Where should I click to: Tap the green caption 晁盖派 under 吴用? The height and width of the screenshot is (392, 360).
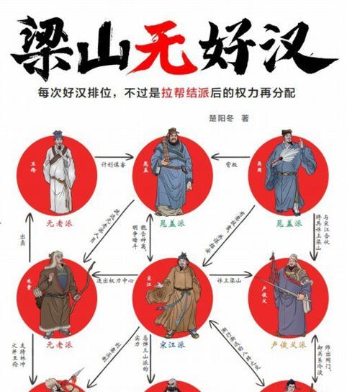coord(290,224)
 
